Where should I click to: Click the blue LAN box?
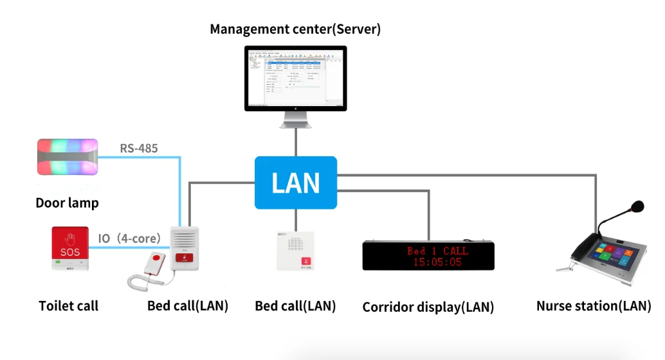coord(296,183)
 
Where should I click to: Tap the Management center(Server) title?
coord(295,29)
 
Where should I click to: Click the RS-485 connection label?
coord(139,148)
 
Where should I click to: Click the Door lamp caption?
coord(67,203)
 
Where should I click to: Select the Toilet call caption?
coord(68,306)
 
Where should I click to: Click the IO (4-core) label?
coord(129,239)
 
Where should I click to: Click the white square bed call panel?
coord(296,251)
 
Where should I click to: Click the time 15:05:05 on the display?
coord(437,262)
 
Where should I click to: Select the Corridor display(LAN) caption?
coord(428,307)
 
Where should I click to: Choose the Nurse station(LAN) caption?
coord(594,306)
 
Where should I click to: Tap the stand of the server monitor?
coord(296,120)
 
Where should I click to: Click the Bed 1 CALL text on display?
coord(437,250)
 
